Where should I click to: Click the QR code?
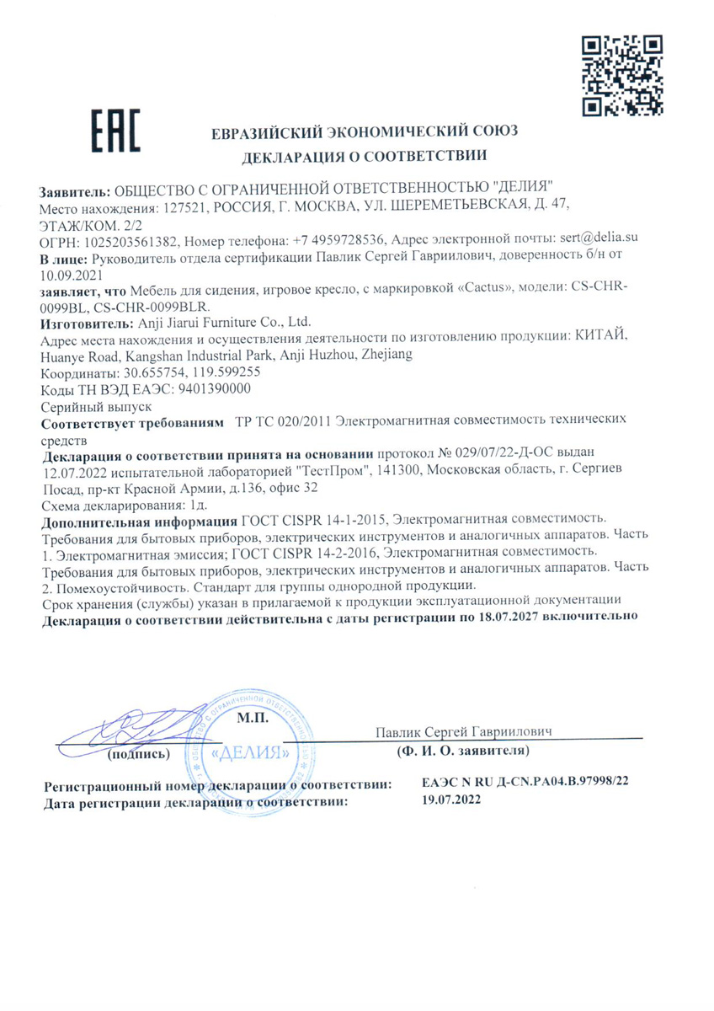point(622,75)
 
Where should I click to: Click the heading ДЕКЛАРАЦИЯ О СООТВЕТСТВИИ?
point(365,156)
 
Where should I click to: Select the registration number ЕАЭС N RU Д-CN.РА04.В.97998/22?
point(525,783)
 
